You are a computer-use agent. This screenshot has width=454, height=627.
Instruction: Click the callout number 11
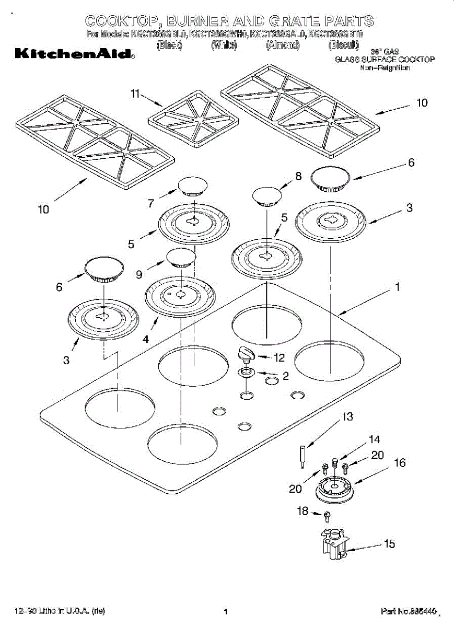coord(136,94)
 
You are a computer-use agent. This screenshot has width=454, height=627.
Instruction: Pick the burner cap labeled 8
coord(267,196)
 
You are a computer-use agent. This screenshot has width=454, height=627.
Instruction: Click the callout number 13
coord(347,417)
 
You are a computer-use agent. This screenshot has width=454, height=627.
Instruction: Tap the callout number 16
coord(400,463)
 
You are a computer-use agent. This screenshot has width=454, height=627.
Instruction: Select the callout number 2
coord(286,375)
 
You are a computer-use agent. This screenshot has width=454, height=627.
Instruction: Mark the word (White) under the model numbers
coord(224,45)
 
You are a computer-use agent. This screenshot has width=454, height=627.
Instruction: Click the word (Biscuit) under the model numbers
coord(343,45)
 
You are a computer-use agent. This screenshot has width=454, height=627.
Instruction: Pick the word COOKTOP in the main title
coord(121,21)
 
